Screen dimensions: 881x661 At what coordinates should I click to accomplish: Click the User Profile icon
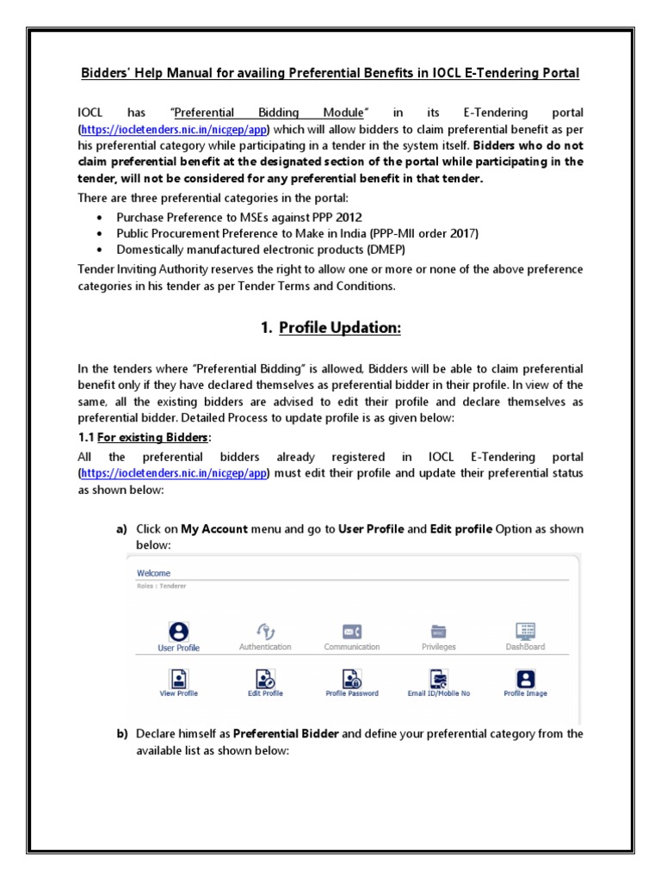[179, 631]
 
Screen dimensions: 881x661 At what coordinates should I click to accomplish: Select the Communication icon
[351, 631]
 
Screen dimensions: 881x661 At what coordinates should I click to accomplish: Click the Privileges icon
[439, 631]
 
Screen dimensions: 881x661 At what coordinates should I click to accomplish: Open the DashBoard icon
[525, 631]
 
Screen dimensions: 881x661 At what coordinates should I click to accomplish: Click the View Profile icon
[179, 678]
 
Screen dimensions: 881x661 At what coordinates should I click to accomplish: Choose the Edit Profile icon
[265, 678]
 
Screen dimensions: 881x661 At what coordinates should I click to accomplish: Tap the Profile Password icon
[351, 678]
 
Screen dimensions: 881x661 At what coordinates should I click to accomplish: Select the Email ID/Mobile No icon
[439, 678]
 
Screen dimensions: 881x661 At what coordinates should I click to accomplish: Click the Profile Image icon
[525, 678]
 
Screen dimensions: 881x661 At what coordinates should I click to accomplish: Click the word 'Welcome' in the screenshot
[153, 573]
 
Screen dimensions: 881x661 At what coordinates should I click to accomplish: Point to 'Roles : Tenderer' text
[162, 586]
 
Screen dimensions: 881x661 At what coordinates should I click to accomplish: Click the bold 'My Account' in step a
[214, 529]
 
